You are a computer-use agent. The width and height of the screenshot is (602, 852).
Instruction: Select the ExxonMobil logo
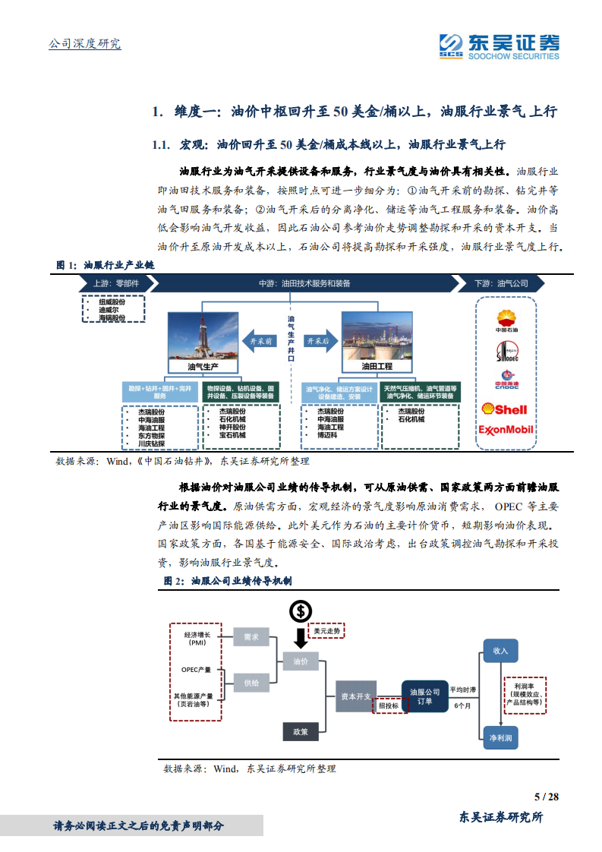tap(506, 430)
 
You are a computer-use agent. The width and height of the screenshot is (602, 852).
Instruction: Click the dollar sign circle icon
tap(301, 611)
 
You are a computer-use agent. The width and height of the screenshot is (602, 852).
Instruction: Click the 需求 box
tap(251, 637)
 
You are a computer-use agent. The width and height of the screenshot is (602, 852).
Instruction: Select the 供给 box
tap(251, 683)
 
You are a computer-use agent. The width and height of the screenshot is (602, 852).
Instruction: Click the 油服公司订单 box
tap(425, 696)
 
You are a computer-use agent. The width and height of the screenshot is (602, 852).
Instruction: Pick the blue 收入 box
tap(500, 651)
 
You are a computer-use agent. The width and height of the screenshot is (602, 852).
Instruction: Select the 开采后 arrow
tap(320, 342)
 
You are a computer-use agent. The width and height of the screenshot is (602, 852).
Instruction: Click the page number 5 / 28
tap(547, 797)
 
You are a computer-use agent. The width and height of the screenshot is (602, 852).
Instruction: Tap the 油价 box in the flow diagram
tap(301, 661)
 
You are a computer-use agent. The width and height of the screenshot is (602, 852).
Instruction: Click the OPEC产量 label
tap(196, 669)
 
